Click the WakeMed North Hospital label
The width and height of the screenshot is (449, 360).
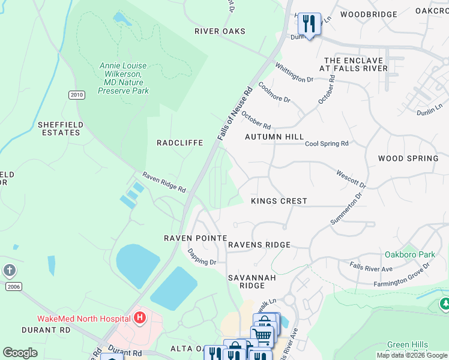click(x=83, y=318)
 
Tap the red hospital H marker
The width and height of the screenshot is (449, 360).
click(x=140, y=317)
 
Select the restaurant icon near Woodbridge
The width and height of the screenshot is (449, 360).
click(x=309, y=25)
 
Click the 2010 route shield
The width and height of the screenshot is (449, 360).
click(x=76, y=95)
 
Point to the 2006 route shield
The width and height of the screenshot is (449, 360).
click(x=14, y=287)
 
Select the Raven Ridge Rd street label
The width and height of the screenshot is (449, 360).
click(x=164, y=182)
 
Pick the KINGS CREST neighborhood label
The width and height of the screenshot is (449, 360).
click(x=279, y=201)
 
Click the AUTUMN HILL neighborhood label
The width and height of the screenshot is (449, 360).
click(x=274, y=137)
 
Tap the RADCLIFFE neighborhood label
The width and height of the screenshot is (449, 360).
click(x=179, y=143)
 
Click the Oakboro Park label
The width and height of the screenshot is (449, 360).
click(x=411, y=254)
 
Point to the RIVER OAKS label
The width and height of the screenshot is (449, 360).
click(x=220, y=31)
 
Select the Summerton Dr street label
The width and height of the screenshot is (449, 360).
click(x=348, y=209)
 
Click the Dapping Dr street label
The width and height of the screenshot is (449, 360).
click(x=202, y=257)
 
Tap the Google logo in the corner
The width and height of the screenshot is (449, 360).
click(x=20, y=353)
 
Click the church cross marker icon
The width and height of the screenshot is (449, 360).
click(x=10, y=271)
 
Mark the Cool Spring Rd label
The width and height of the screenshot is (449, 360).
click(x=327, y=144)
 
